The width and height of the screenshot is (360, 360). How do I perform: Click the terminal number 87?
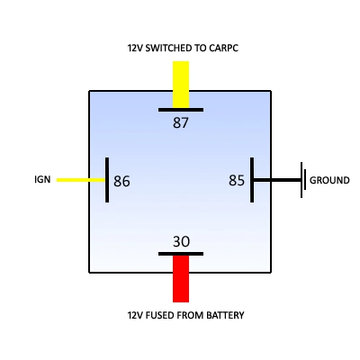click(x=181, y=122)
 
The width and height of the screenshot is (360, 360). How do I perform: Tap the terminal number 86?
click(x=121, y=181)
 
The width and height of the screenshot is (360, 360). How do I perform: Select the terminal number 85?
click(x=237, y=180)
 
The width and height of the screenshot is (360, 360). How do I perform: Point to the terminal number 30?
click(x=181, y=241)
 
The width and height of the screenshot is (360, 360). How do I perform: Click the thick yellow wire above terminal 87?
click(x=181, y=85)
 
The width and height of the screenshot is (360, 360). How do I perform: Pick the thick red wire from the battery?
click(x=181, y=279)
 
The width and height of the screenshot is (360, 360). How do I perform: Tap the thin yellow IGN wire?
click(x=81, y=180)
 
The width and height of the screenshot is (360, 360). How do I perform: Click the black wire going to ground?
click(x=277, y=180)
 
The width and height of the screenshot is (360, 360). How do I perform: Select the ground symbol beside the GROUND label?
click(x=303, y=180)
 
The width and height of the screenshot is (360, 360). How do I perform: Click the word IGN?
click(x=42, y=179)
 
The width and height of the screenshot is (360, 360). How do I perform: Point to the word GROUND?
click(x=329, y=180)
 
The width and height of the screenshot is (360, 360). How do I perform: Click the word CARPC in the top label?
click(x=223, y=48)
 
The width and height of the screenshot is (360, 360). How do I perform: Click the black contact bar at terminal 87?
click(x=181, y=110)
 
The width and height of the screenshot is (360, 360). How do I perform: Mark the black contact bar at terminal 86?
click(x=107, y=180)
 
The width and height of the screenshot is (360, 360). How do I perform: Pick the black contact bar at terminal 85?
click(x=252, y=180)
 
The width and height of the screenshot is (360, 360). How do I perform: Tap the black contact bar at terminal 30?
click(x=181, y=254)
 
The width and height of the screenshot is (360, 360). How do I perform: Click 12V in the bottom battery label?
click(x=135, y=315)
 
